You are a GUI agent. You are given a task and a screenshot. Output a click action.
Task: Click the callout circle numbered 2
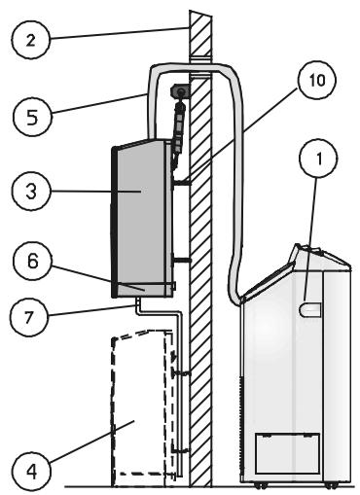(31, 40)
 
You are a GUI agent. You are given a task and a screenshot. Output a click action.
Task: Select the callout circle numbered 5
(32, 117)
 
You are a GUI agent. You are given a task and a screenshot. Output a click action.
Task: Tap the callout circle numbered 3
(31, 192)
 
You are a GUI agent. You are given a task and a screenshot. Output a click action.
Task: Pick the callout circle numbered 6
(32, 261)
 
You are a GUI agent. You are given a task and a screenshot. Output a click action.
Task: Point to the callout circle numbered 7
(29, 317)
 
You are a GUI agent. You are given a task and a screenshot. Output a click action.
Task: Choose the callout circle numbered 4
(32, 472)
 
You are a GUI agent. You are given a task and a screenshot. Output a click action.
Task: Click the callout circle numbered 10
(317, 80)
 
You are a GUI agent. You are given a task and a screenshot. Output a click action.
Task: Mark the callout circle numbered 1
(319, 159)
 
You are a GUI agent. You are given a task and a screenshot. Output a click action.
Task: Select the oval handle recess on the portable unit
(309, 309)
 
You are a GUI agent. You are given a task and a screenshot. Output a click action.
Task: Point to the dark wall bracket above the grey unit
(179, 91)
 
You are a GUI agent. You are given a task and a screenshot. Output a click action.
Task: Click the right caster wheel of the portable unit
(332, 485)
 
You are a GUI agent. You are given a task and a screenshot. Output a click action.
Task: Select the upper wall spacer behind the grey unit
(182, 183)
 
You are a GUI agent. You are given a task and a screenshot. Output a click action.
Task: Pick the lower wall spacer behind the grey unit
(182, 260)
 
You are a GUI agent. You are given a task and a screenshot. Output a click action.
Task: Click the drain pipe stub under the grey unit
(138, 303)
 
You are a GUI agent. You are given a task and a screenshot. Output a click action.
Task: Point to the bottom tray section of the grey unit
(143, 291)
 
